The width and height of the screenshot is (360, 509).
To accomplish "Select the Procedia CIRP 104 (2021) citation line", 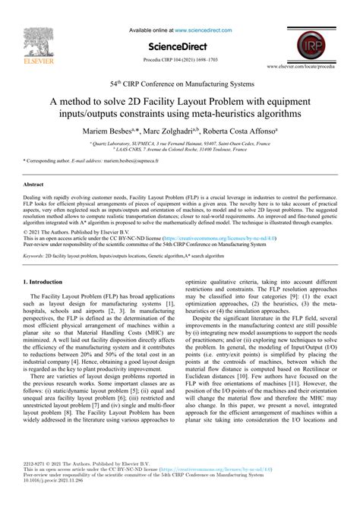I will [x=180, y=58].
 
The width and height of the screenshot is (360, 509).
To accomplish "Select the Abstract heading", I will [x=33, y=185].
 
